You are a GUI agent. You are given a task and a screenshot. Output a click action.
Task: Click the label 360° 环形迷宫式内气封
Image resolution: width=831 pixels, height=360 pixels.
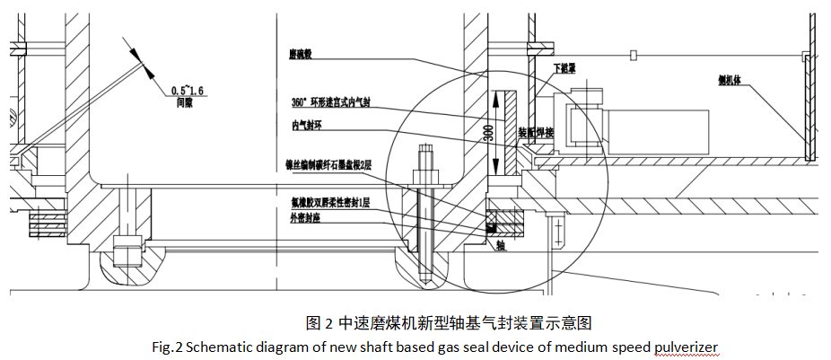332,101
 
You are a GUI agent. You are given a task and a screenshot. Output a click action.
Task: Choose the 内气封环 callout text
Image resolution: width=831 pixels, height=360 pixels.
307,126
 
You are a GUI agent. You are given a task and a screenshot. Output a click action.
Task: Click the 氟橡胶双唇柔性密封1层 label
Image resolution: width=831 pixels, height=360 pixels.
333,204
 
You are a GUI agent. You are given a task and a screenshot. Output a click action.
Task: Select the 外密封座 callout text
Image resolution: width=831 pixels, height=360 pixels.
305,216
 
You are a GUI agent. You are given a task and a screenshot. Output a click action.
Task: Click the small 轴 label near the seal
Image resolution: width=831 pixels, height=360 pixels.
500,244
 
